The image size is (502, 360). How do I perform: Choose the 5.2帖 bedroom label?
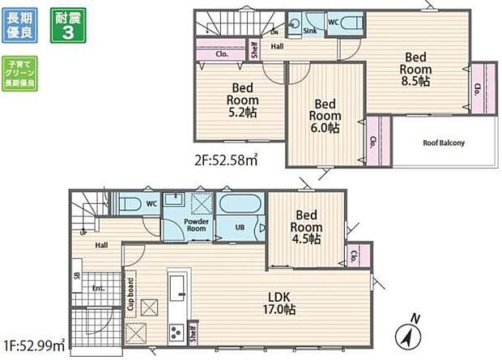point(241,100)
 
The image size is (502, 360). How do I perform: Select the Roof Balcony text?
point(444,143)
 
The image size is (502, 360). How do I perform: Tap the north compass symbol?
point(410,332)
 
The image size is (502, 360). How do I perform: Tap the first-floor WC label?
point(151,204)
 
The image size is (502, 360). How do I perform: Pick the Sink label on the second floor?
point(309,31)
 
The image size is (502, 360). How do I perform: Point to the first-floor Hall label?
point(100,243)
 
